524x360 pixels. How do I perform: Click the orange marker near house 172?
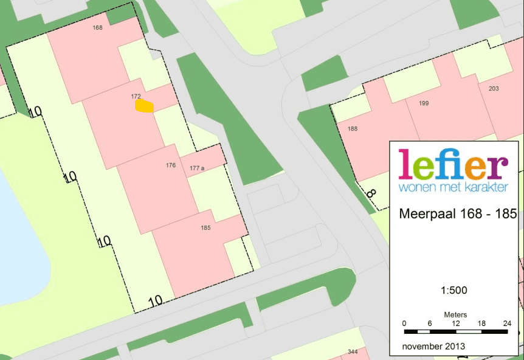coord(144,106)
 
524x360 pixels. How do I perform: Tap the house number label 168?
coord(98,28)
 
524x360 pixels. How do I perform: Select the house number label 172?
coord(136,97)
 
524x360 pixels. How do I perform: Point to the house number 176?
coord(171,165)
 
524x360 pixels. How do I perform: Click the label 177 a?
coord(196,167)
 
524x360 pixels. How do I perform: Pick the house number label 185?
coord(205,229)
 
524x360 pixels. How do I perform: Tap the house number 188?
coord(353,129)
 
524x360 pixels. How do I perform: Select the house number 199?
coord(424,103)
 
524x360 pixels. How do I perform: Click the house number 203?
coord(494,89)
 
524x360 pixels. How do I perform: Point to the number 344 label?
coord(353,352)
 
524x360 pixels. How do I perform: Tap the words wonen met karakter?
coord(453,187)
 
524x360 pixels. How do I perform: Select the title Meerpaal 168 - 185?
coord(457,215)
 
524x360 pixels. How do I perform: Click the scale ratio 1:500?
coord(453,291)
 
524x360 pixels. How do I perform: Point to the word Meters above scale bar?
coord(455,314)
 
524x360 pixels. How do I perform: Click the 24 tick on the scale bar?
coord(506,324)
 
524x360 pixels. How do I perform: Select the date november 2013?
coord(433,346)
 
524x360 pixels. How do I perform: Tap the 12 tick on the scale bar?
coord(455,324)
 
